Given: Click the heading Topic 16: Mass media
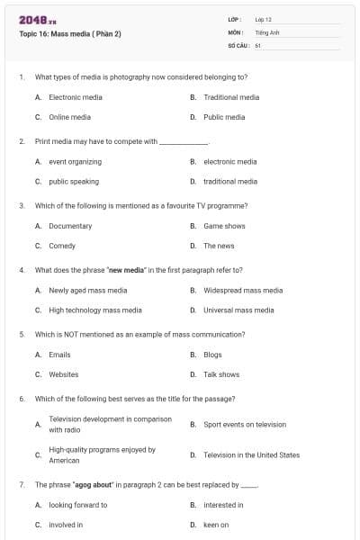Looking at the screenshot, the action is click(69, 34).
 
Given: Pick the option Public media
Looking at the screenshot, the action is click(224, 117).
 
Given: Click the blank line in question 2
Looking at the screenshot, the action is click(183, 142).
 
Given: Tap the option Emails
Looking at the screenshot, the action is click(59, 355).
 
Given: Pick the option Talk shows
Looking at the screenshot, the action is click(221, 374).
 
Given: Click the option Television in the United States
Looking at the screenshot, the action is click(251, 455).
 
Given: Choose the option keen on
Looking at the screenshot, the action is click(216, 525).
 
